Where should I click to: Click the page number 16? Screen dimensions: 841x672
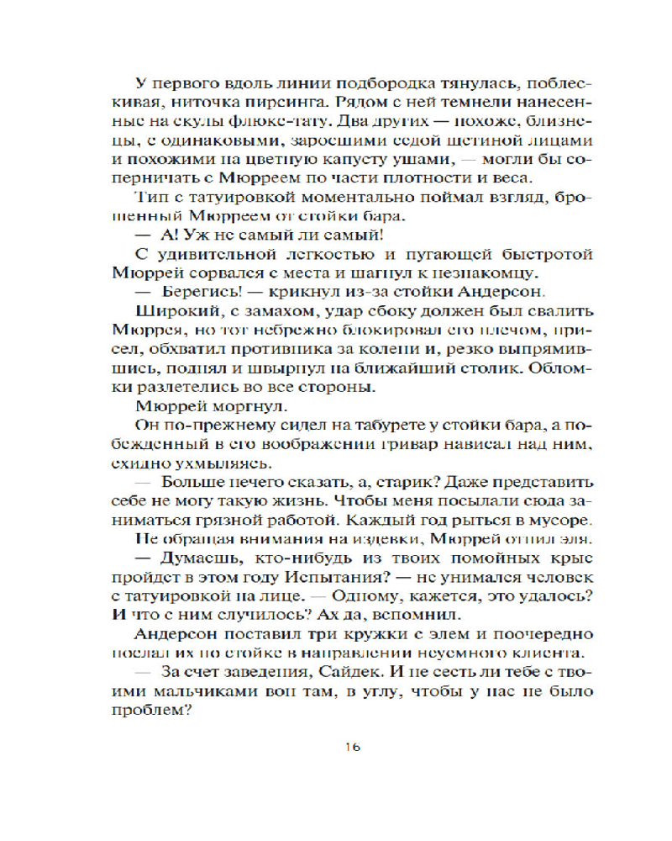(353, 748)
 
